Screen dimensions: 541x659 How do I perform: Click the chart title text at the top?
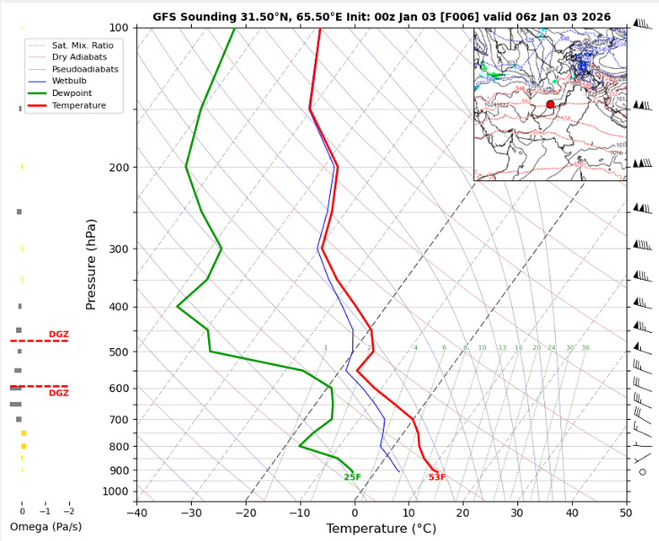(381, 17)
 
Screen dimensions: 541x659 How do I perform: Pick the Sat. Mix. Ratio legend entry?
(83, 44)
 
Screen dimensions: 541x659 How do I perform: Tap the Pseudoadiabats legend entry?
(84, 69)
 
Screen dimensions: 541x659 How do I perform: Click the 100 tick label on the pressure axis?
(117, 28)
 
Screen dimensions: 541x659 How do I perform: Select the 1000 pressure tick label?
(115, 492)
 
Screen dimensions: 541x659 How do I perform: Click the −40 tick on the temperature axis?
(136, 513)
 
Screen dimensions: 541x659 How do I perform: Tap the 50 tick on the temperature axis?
(626, 513)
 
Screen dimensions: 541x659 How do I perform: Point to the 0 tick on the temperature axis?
(354, 513)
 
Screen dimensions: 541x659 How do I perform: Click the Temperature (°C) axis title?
(381, 529)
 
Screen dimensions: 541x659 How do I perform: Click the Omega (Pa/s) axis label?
(45, 527)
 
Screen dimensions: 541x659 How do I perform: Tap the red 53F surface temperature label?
(437, 477)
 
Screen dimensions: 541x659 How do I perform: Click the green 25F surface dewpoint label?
(352, 477)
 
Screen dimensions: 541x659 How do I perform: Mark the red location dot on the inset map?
(551, 105)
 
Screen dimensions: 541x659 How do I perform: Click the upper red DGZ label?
(58, 335)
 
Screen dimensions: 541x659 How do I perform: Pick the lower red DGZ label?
(58, 393)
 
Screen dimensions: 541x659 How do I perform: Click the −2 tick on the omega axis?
(69, 511)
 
